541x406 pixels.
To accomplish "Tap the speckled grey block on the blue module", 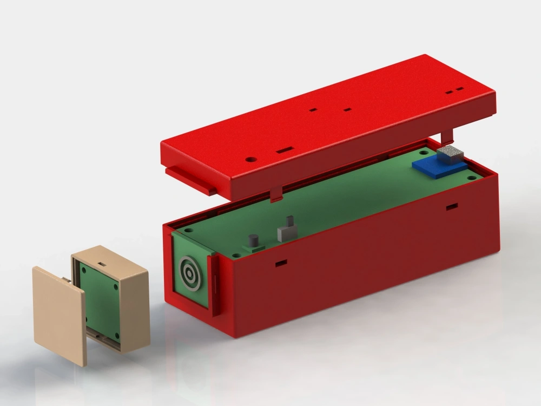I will pyautogui.click(x=450, y=154).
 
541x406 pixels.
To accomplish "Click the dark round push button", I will pyautogui.click(x=253, y=240).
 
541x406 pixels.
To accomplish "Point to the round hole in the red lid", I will pyautogui.click(x=249, y=160).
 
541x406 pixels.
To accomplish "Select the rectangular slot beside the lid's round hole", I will pyautogui.click(x=285, y=149).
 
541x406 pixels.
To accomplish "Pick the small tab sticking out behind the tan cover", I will pyautogui.click(x=65, y=280).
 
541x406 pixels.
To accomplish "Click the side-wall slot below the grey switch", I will pyautogui.click(x=281, y=263).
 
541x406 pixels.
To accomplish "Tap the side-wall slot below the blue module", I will pyautogui.click(x=451, y=206).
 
